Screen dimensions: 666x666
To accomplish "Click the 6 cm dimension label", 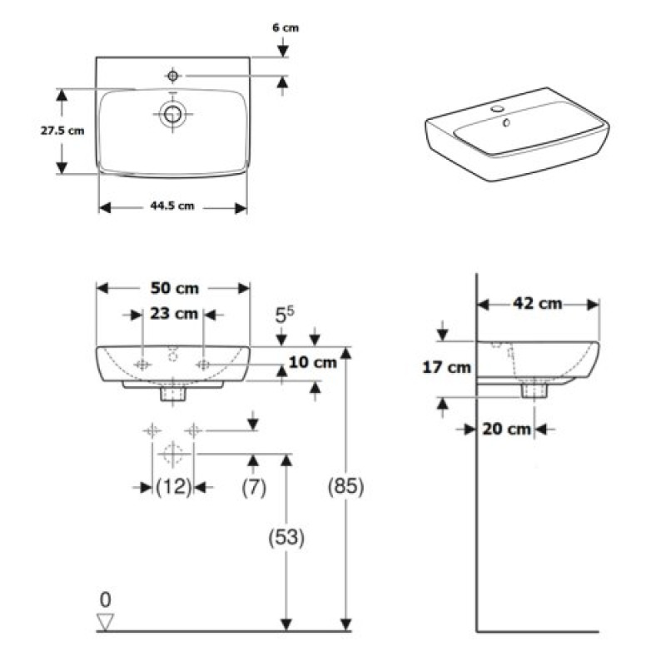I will point(286,27).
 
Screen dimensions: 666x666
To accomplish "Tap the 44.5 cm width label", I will point(172,206).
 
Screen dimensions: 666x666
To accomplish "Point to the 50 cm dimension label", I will point(174,288).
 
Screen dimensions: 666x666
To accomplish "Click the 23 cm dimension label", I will point(174,314).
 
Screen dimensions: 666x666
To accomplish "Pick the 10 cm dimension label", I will point(314,362).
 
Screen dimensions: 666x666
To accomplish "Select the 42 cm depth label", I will point(537,304).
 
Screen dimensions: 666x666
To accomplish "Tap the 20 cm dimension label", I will point(507,430).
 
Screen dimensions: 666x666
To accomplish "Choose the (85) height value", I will point(345,486).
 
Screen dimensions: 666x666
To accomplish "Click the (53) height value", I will point(286,538).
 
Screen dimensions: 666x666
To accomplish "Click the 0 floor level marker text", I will point(105,599).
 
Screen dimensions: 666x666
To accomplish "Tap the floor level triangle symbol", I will point(105,620).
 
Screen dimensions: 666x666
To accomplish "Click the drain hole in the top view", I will point(173,114).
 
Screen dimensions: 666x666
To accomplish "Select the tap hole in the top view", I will point(172,77).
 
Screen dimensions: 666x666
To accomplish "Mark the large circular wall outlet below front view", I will point(172,454).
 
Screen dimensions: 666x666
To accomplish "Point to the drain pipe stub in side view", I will point(532,389).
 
